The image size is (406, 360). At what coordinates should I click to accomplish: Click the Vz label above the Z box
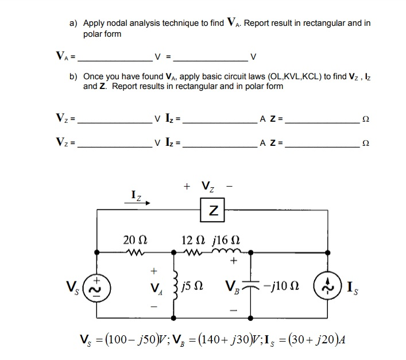tap(207, 186)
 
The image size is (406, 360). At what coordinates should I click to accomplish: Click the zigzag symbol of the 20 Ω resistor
tap(133, 251)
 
